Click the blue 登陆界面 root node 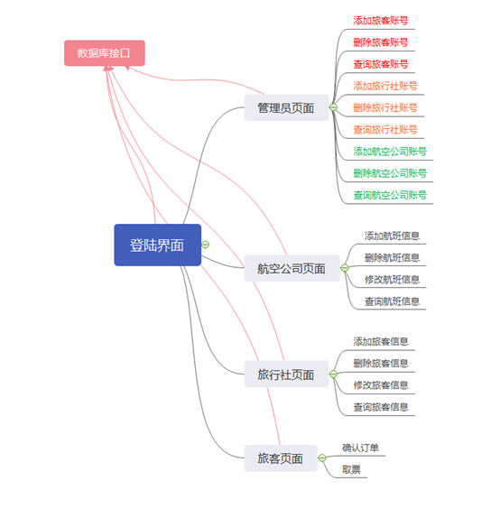coord(157,245)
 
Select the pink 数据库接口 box coord(104,53)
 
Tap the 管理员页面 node coord(285,108)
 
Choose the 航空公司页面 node coord(291,268)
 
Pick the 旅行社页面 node coord(285,375)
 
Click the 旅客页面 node coord(280,458)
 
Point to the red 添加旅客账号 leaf coord(380,20)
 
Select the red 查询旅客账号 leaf coord(380,64)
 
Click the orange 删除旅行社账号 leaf coord(385,107)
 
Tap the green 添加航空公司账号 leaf coord(390,152)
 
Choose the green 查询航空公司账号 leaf coord(390,195)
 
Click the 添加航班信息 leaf coord(392,236)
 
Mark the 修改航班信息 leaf coord(392,280)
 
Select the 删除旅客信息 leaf coord(381,363)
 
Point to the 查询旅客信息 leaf coord(381,407)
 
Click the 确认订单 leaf coord(360,448)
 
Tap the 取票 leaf coord(351,469)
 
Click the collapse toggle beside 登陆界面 coord(206,245)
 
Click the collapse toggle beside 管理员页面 coord(333,108)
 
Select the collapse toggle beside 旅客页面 coord(322,458)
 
